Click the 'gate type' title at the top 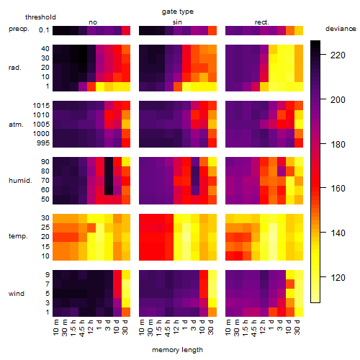click(x=178, y=12)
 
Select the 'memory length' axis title click(x=177, y=350)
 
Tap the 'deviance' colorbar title click(x=341, y=29)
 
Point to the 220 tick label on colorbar click(x=338, y=55)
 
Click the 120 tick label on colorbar click(x=338, y=278)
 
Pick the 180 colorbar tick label click(x=338, y=144)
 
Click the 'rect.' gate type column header click(x=261, y=22)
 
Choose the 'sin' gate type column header click(x=177, y=22)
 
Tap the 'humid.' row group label click(x=20, y=181)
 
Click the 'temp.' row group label click(x=18, y=236)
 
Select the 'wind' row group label click(x=17, y=294)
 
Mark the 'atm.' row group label click(x=16, y=125)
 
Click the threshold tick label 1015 click(x=41, y=106)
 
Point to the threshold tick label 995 click(x=43, y=143)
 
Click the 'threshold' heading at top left click(x=40, y=17)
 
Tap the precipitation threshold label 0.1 click(x=44, y=30)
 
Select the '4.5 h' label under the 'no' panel click(x=82, y=328)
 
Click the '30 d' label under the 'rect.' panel click(x=297, y=327)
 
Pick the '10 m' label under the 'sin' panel click(x=142, y=328)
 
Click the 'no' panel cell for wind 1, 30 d click(x=126, y=312)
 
